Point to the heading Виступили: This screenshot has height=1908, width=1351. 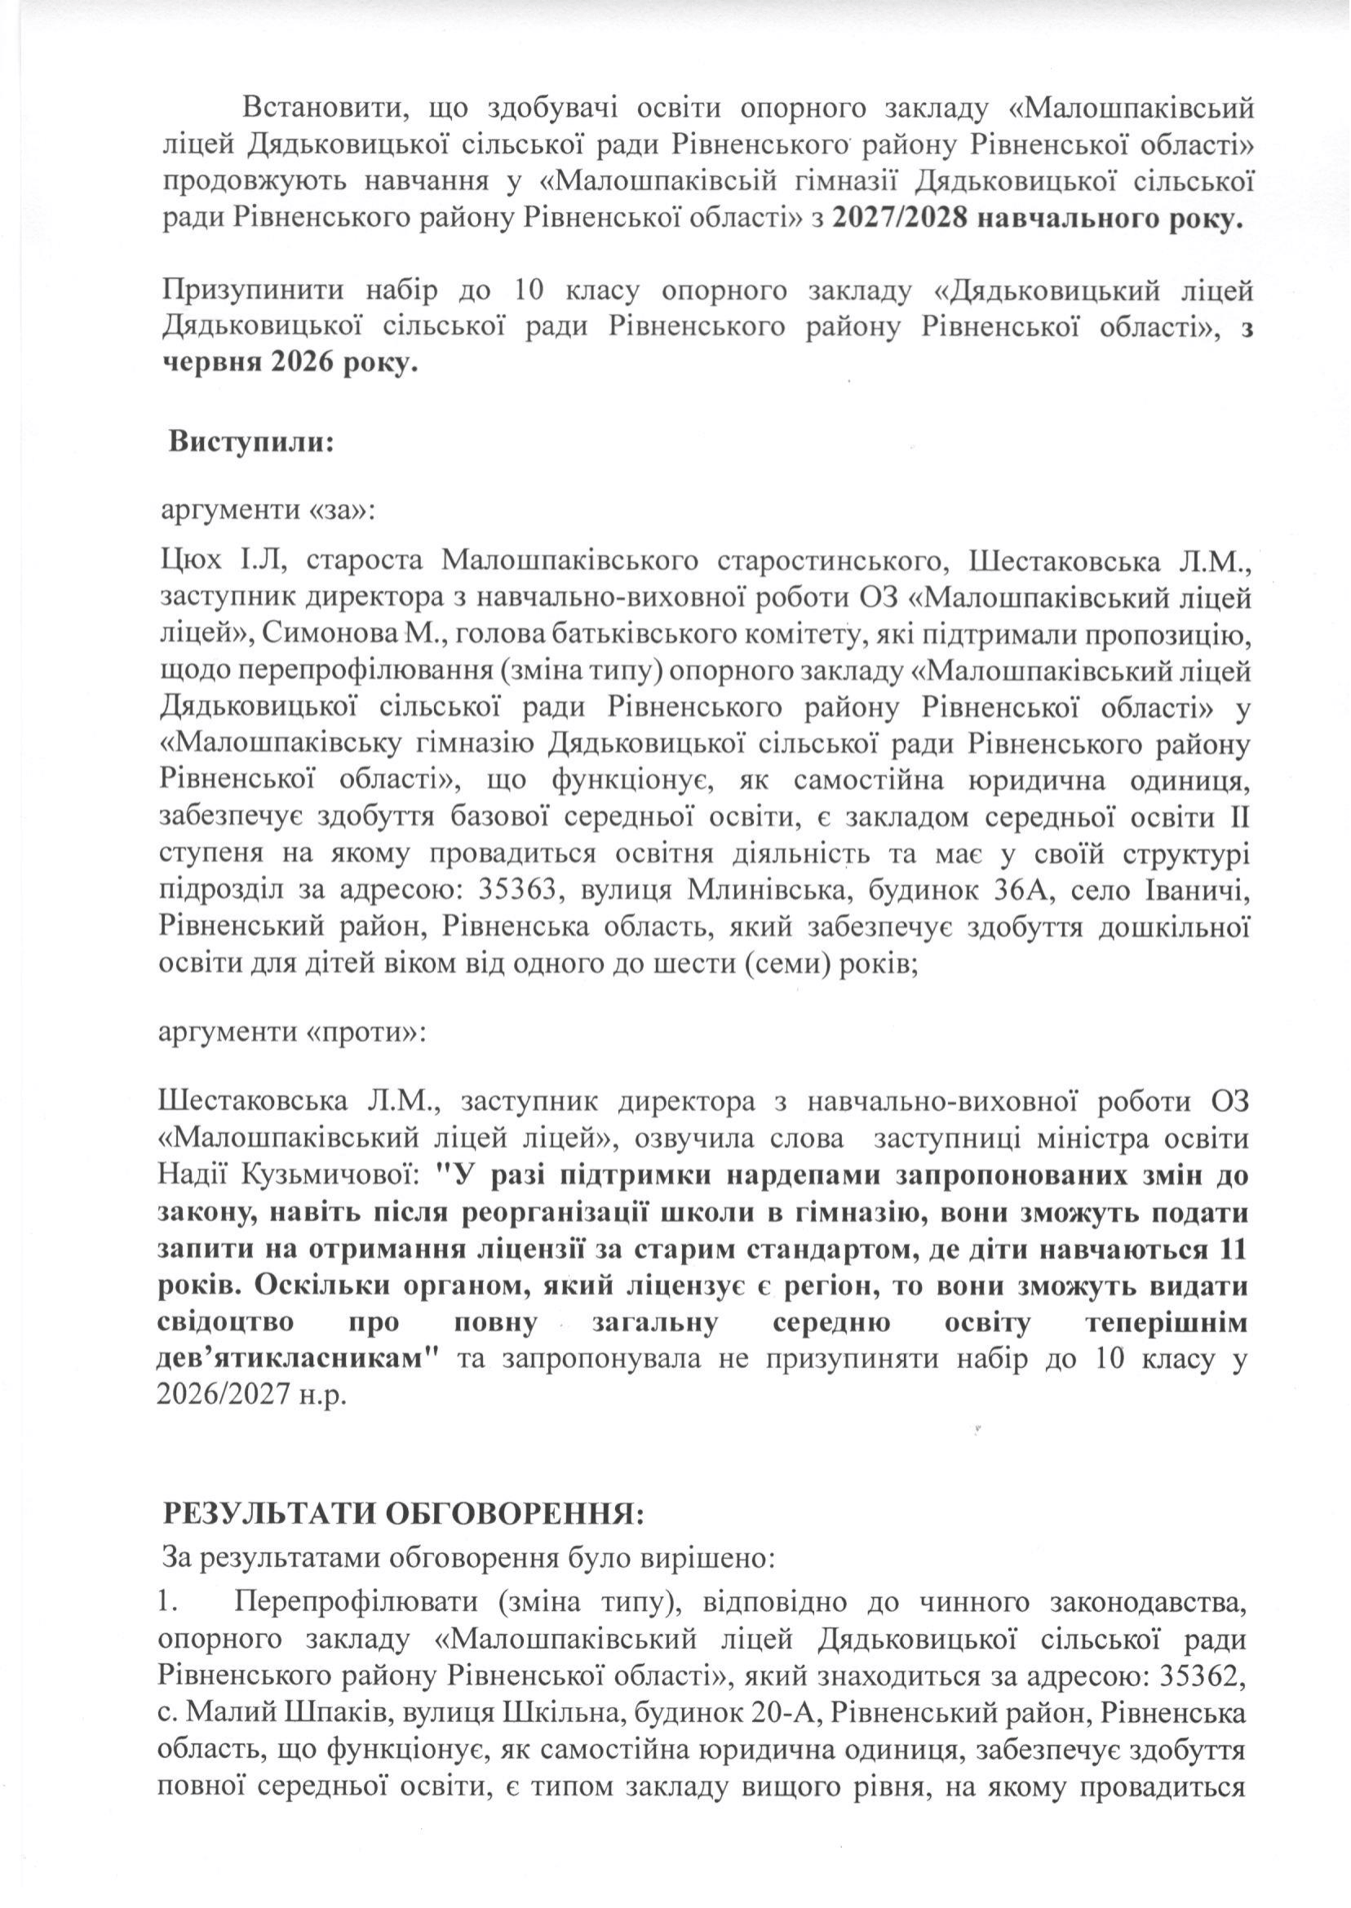pos(251,440)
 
